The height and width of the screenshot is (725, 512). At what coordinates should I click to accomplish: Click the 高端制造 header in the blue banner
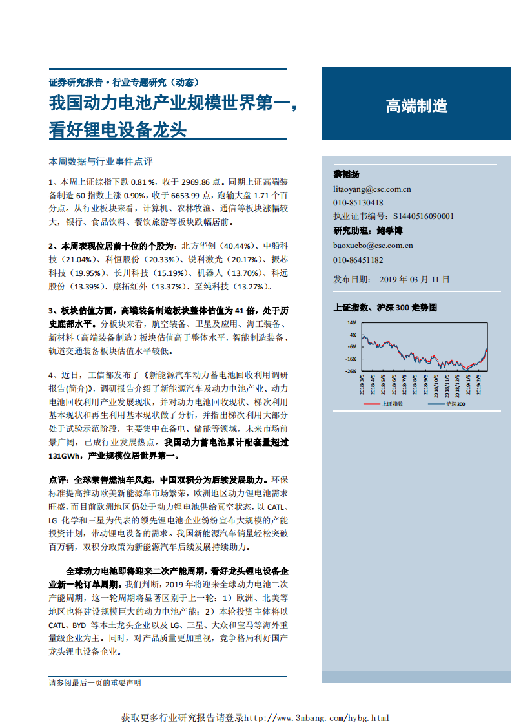coord(416,107)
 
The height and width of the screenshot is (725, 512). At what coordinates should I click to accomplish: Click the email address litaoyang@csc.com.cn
coord(372,189)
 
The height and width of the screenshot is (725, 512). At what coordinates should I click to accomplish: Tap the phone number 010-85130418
coord(358,203)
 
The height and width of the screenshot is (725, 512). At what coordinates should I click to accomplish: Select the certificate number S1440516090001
coord(423,216)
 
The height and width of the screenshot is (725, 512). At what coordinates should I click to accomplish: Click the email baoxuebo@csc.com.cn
coord(373,246)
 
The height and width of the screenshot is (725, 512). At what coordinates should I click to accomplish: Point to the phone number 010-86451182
coord(358,260)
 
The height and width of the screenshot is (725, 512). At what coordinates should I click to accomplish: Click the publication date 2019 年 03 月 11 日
coord(414,279)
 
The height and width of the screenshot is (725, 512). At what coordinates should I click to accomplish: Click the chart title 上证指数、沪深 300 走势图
coord(385,308)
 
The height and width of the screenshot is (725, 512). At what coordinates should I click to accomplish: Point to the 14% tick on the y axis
coord(352,322)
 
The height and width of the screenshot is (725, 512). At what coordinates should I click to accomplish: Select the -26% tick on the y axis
coord(351,371)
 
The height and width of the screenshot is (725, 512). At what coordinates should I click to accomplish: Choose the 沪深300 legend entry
coord(456,404)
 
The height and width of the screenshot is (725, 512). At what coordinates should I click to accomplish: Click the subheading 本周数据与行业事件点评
coord(100,162)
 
